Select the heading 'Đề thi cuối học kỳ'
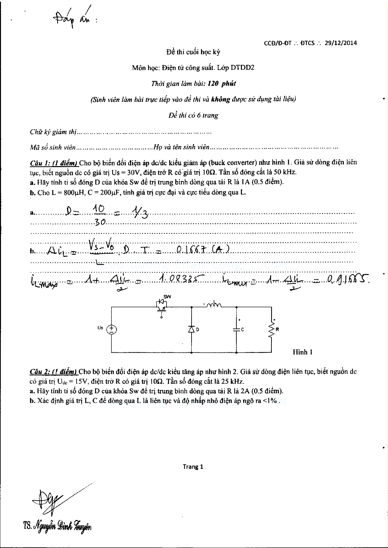coord(193,52)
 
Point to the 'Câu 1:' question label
coord(40,163)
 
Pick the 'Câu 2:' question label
coord(40,371)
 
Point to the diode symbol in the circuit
coord(191,329)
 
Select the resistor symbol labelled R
coord(271,329)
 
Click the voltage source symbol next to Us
coord(111,329)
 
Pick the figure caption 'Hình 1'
coord(303,352)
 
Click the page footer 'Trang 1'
coord(193,467)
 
